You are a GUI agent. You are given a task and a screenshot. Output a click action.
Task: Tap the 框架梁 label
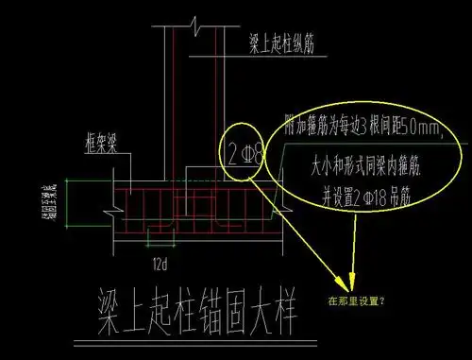pyautogui.click(x=95, y=148)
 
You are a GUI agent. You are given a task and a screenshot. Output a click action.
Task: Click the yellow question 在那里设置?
pyautogui.click(x=362, y=303)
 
